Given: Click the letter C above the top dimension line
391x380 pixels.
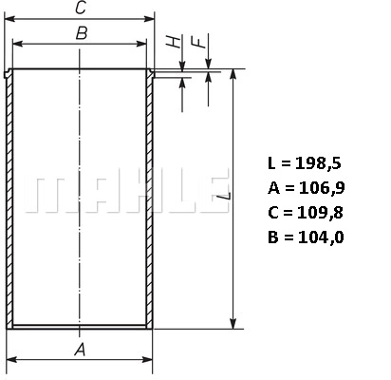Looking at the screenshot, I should [81, 9].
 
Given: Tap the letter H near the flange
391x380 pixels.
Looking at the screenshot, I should [171, 43].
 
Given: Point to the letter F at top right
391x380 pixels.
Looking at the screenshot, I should [195, 43].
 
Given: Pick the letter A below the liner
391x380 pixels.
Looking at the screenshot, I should [81, 351].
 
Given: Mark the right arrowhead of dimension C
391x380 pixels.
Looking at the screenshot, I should [150, 19].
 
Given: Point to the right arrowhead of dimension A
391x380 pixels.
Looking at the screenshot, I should [148, 361].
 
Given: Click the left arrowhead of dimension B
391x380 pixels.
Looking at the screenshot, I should [18, 45].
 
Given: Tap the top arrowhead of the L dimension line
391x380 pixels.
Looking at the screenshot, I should [232, 75].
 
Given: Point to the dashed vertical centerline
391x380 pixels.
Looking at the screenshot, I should [81, 142].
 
